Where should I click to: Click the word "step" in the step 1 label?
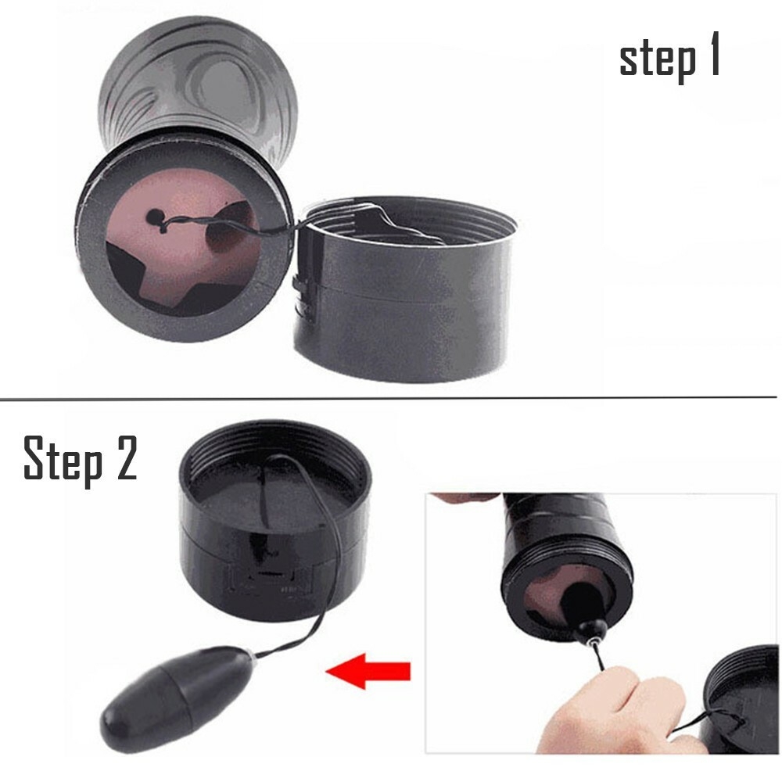[x=658, y=60]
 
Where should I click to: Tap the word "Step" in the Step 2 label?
[x=63, y=460]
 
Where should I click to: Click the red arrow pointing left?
[x=368, y=671]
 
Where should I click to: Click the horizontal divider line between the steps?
[x=388, y=399]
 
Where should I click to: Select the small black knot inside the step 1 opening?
[x=156, y=217]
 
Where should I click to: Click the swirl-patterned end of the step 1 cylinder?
[x=199, y=80]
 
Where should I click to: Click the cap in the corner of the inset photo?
[x=741, y=698]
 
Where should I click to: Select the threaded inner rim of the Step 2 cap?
[x=275, y=449]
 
